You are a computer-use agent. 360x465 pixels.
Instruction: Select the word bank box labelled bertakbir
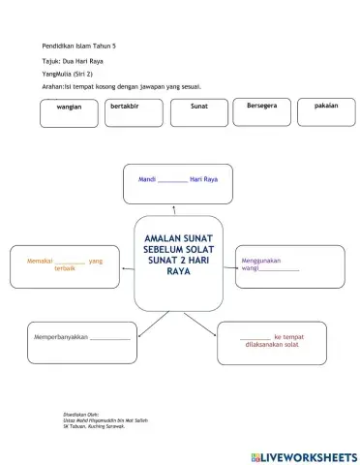click(131, 111)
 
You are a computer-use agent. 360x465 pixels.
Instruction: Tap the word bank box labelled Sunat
click(198, 111)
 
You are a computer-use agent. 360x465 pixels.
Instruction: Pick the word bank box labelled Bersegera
click(261, 111)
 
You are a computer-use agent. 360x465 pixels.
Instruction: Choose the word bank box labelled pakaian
click(326, 111)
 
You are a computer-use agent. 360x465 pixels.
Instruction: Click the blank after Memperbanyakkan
click(109, 337)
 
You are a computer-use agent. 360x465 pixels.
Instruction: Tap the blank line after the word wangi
click(280, 268)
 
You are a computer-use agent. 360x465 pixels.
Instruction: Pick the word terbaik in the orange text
click(66, 268)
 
